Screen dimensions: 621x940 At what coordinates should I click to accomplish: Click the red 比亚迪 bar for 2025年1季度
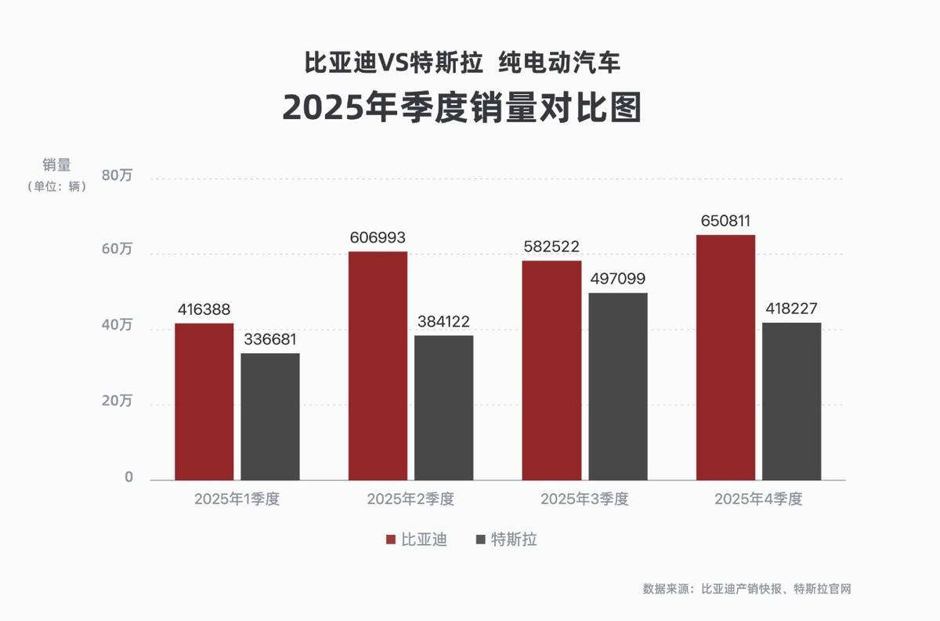pos(204,401)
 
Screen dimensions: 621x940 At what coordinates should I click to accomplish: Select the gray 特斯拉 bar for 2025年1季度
pos(270,417)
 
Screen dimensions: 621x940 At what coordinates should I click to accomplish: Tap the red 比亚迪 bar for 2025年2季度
pos(378,365)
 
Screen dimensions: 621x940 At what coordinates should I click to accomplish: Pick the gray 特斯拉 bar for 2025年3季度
pos(618,386)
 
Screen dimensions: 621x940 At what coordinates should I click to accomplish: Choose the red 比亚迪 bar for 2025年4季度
pos(725,357)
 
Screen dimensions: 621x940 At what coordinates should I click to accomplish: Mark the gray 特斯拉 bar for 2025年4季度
pos(791,401)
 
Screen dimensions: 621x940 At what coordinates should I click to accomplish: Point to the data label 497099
pos(618,280)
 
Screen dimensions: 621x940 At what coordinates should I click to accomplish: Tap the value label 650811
pos(725,221)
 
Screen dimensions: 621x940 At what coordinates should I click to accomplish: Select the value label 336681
pos(270,340)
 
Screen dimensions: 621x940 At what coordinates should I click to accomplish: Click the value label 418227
pos(791,309)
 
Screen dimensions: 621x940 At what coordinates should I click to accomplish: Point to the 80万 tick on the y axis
pos(117,175)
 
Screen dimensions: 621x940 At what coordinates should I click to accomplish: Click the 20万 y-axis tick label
pos(117,402)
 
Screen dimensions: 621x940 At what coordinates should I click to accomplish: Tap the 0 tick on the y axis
pos(128,478)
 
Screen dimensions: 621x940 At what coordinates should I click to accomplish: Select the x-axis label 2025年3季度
pos(584,500)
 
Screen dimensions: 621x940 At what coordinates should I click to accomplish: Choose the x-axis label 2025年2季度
pos(410,500)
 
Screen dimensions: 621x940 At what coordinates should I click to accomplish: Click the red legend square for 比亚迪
pos(390,540)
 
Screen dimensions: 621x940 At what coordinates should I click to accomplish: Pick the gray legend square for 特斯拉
pos(481,540)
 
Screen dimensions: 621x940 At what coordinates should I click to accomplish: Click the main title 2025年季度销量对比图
pos(462,108)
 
